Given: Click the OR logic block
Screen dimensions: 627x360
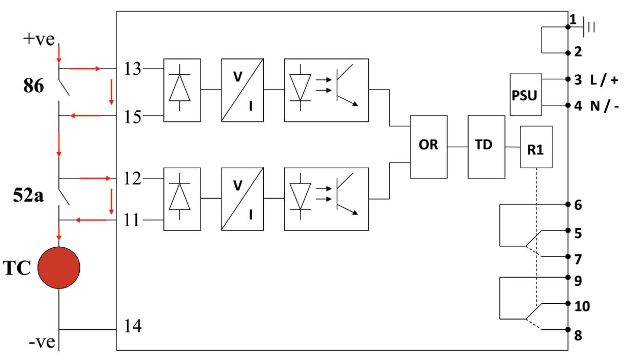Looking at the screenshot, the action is click(429, 147).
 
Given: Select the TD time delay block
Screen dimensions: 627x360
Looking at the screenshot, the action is click(486, 147).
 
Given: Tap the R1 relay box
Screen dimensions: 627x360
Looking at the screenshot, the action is click(536, 147).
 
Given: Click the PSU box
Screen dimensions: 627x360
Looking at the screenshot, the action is click(526, 95).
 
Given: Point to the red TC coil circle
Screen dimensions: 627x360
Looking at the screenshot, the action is click(59, 268).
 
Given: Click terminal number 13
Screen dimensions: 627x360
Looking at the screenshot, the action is click(132, 69).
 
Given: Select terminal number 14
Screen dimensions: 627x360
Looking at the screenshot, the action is click(133, 326).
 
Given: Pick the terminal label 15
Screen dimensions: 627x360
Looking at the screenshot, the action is click(132, 117).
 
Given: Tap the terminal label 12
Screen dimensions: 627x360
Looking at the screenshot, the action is click(132, 178).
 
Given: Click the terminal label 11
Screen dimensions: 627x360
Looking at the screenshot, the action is click(132, 220).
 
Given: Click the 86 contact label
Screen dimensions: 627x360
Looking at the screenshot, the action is click(33, 86).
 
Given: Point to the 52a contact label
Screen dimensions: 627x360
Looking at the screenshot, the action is click(28, 195).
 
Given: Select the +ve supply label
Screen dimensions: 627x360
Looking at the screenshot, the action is click(39, 39).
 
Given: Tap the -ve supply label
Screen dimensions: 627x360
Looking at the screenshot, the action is click(42, 342).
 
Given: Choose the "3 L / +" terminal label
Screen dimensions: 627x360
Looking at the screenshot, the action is click(596, 80).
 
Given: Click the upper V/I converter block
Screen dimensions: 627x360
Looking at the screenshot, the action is click(242, 90).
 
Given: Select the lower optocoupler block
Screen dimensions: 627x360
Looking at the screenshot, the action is click(326, 199).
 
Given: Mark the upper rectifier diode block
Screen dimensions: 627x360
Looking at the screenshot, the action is click(182, 90).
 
